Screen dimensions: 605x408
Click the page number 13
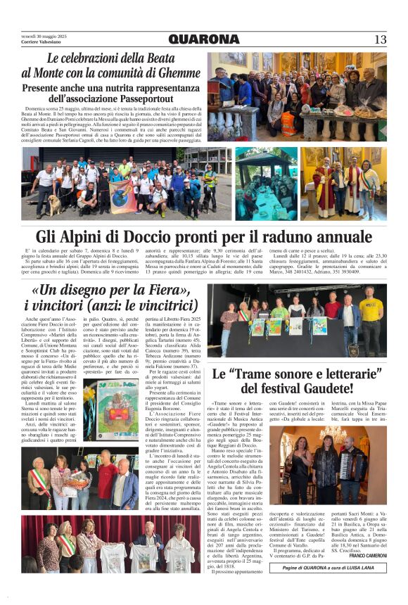tap(380, 39)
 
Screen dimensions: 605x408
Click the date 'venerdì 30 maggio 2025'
tap(44, 36)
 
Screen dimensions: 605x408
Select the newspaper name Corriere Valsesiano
tap(43, 42)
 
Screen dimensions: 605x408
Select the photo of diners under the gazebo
tap(266, 182)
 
